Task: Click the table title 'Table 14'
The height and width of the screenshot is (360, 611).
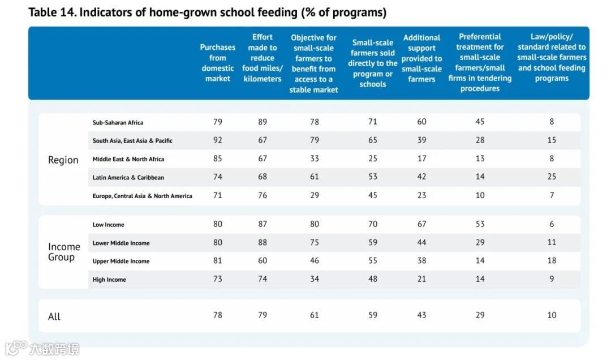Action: [207, 12]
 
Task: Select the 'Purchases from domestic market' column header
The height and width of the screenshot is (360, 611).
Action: [218, 63]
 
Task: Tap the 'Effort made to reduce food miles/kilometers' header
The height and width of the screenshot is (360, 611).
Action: [263, 58]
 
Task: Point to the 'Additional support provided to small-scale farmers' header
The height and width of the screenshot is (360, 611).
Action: [421, 58]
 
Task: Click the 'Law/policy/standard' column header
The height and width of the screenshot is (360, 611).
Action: [552, 57]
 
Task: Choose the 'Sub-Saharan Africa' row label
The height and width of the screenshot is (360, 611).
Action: [118, 122]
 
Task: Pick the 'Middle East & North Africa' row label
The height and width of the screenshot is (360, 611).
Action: [128, 159]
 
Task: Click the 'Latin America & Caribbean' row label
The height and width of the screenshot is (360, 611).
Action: [128, 177]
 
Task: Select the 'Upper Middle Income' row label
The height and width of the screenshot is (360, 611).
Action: [121, 261]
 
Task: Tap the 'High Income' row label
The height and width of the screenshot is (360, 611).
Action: [109, 280]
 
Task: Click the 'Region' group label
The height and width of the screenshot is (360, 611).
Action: [63, 160]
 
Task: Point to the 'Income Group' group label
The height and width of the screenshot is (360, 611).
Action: [64, 252]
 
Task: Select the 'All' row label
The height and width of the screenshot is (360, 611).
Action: [54, 316]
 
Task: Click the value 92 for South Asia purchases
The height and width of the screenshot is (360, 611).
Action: [218, 140]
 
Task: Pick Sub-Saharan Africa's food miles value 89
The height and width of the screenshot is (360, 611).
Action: [263, 122]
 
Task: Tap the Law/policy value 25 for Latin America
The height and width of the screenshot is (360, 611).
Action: [552, 177]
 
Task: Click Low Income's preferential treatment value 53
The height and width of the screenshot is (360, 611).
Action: [480, 224]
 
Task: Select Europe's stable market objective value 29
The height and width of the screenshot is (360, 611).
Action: [314, 195]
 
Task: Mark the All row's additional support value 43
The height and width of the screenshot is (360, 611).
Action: [421, 315]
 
